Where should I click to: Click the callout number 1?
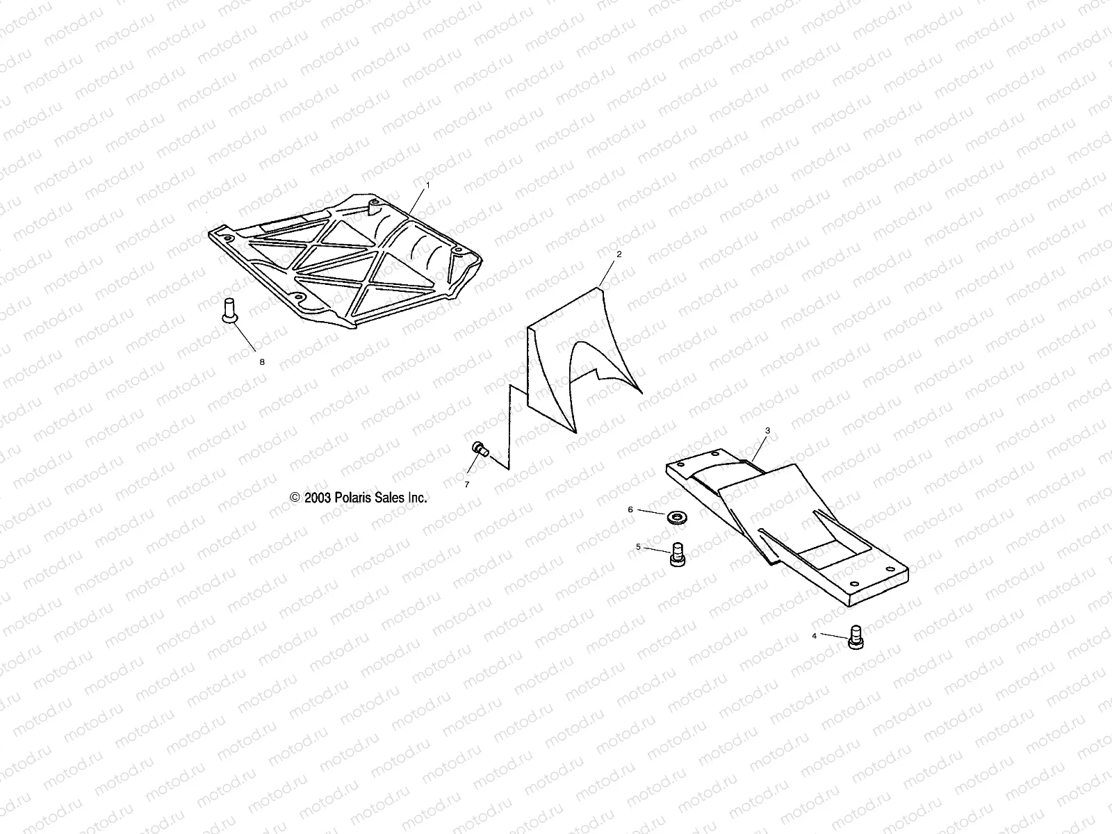coord(428,186)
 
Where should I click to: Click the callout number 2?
coord(619,254)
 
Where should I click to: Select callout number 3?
coord(767,430)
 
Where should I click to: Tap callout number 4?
coord(815,635)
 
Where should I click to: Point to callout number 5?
coord(638,547)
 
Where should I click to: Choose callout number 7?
coord(467,484)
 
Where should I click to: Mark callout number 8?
coord(262,362)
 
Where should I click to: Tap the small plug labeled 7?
coord(479,449)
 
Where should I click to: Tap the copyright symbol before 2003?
coord(295,498)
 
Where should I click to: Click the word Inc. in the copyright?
coord(417,498)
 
